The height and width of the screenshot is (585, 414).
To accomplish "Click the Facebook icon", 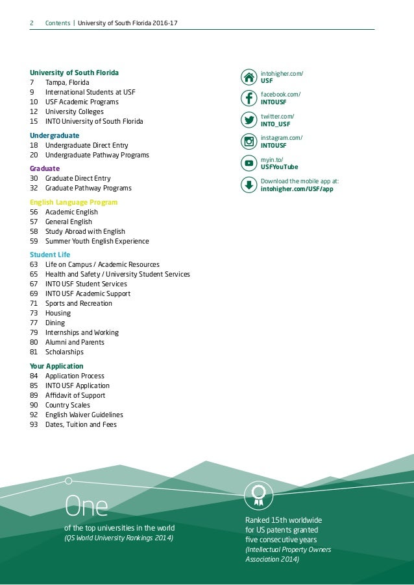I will coord(249,98).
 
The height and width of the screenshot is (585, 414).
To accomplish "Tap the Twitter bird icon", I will coord(249,120).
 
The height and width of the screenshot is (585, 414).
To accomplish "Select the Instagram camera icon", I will coord(249,142).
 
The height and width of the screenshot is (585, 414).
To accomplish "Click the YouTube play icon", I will coord(249,163).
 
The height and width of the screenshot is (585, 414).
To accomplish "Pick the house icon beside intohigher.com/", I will coord(249,77).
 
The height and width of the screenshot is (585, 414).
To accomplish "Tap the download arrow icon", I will coord(249,185).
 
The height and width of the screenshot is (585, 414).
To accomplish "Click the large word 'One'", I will coord(86,505).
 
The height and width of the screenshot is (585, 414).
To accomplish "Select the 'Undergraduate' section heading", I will coord(55,135).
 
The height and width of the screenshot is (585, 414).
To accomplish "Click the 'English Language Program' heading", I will coord(74,202).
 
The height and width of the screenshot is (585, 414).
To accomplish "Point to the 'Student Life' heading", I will coord(50,255).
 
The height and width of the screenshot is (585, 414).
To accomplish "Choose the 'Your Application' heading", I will coord(58,366).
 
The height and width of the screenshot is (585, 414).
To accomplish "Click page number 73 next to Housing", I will coord(34,313).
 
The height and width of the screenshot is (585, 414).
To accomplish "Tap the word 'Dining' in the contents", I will coord(55,323).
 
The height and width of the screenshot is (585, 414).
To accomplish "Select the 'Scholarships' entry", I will coord(64,352).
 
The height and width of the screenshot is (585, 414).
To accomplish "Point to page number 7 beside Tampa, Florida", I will coord(32,82).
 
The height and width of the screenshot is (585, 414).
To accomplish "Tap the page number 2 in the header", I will coord(32,24).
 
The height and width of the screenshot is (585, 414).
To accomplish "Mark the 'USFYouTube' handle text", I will coord(279,167).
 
